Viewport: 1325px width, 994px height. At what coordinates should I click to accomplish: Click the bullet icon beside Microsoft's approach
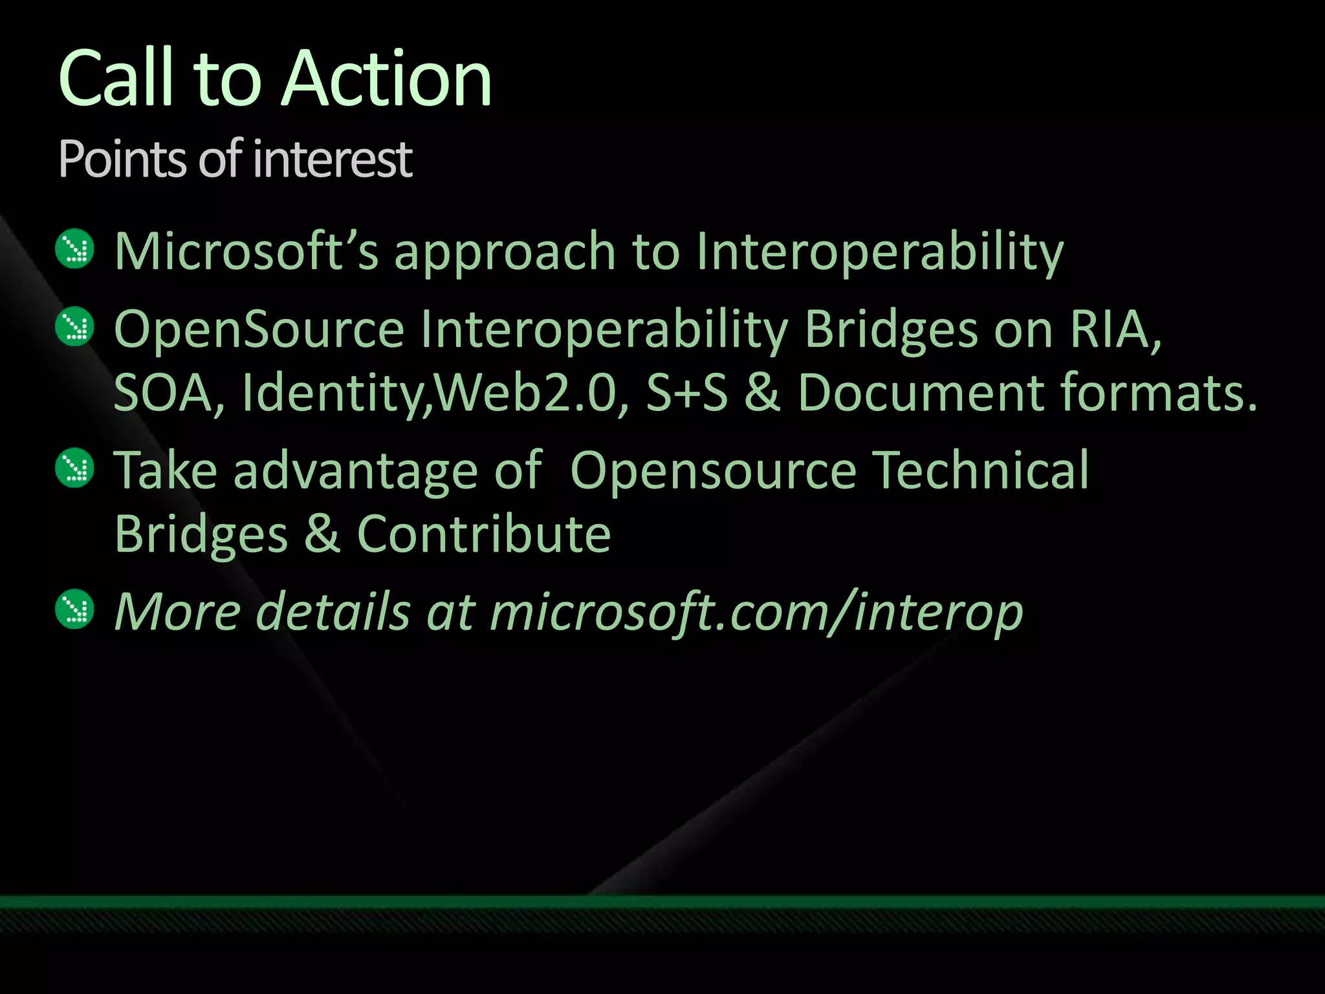75,249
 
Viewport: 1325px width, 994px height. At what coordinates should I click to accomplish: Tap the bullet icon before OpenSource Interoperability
75,327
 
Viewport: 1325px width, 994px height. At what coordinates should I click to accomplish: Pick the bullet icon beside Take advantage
75,468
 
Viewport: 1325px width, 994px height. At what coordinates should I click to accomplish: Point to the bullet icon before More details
75,609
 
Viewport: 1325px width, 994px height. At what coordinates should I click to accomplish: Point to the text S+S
687,393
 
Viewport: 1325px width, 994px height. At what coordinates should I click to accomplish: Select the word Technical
981,470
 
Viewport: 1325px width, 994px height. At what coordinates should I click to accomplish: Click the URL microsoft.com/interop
756,612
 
